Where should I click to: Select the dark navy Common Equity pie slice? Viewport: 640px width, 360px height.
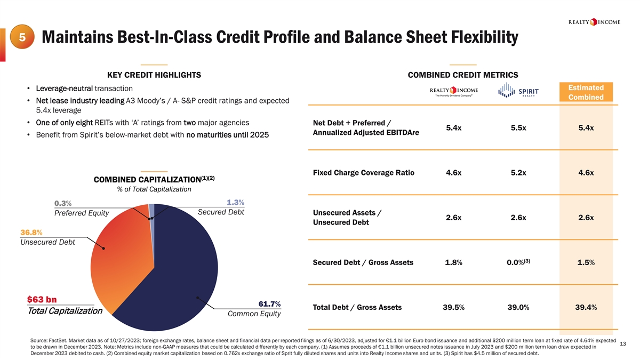pyautogui.click(x=176, y=267)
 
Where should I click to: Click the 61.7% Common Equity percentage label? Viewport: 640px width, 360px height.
pyautogui.click(x=269, y=304)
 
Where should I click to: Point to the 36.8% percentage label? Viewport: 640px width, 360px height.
pyautogui.click(x=31, y=233)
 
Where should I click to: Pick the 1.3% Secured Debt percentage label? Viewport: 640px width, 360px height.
pyautogui.click(x=235, y=202)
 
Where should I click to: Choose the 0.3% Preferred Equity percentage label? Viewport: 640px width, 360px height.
pyautogui.click(x=63, y=203)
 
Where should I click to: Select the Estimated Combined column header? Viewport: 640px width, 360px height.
pyautogui.click(x=586, y=92)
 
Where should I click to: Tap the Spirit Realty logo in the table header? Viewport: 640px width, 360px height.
pyautogui.click(x=518, y=91)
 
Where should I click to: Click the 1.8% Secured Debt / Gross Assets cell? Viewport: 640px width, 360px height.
pyautogui.click(x=453, y=262)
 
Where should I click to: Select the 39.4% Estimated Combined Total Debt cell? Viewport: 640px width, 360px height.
pyautogui.click(x=586, y=307)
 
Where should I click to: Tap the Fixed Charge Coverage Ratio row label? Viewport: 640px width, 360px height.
pyautogui.click(x=363, y=173)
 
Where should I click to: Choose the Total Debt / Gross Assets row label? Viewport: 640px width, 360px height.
pyautogui.click(x=357, y=307)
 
